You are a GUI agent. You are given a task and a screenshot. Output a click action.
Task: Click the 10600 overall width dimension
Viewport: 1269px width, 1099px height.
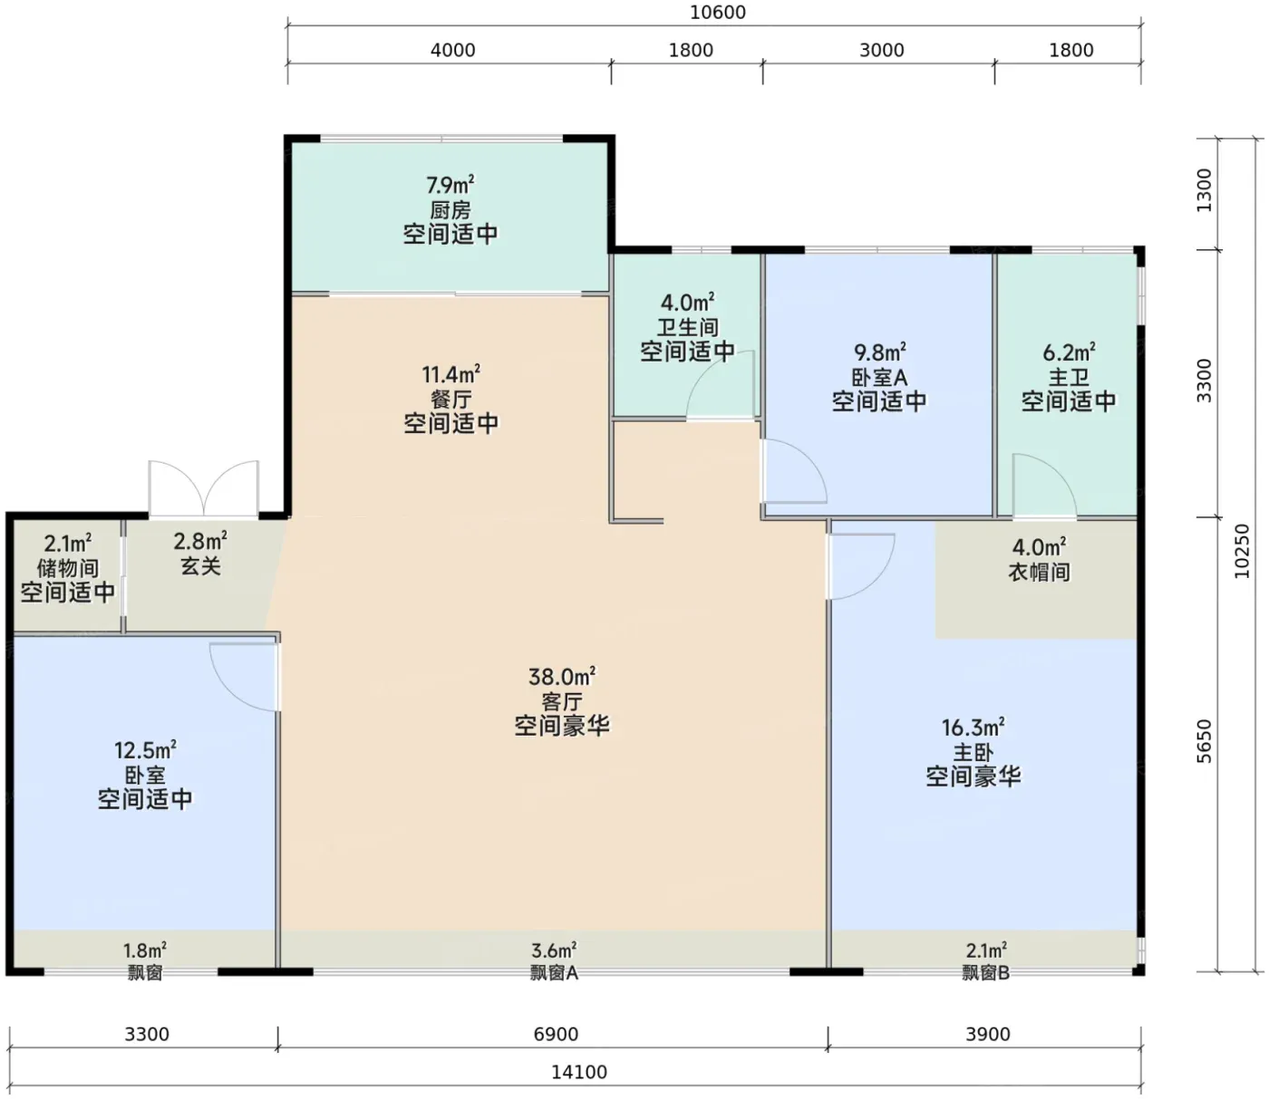pos(718,13)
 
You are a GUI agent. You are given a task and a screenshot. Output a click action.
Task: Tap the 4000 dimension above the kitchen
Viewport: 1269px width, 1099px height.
pos(452,50)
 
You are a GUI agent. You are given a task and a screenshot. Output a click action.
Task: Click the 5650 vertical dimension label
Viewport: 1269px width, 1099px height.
pos(1206,740)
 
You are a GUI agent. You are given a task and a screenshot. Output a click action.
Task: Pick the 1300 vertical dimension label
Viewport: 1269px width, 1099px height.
pos(1206,190)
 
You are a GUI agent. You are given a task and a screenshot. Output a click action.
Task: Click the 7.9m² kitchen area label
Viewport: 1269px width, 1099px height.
pos(450,184)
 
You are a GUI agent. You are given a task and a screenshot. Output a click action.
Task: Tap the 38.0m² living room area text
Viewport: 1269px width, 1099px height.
pos(562,677)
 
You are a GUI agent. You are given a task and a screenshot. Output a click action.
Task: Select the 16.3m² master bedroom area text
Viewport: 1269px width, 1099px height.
pos(974,728)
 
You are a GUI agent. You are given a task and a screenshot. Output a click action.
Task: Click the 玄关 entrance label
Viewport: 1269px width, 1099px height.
pos(200,566)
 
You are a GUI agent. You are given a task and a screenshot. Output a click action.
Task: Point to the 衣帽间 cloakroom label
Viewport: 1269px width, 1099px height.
pos(1039,572)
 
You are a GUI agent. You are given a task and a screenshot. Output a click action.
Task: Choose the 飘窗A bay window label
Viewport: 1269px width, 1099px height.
pos(554,972)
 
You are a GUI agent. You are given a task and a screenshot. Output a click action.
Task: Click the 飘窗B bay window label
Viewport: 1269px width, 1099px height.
pos(986,972)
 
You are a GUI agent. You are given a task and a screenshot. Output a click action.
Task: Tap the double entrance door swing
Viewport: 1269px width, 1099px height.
pos(204,488)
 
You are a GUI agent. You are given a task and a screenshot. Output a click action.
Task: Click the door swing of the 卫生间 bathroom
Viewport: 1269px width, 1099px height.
pos(720,386)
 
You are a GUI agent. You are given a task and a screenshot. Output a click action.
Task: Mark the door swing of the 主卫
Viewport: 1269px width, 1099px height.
pos(1044,486)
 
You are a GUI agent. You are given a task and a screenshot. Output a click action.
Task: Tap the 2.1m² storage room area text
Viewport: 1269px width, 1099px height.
pos(68,544)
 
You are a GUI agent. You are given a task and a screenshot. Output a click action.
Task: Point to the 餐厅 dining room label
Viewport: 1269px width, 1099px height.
pos(450,399)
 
